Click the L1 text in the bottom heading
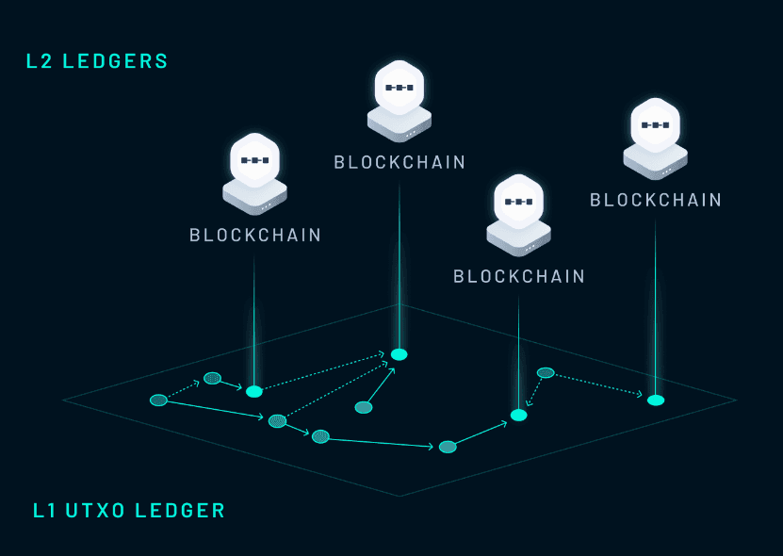(43, 512)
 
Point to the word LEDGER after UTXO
(180, 512)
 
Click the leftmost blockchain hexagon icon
(254, 161)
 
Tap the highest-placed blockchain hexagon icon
(399, 88)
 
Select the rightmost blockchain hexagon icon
(655, 125)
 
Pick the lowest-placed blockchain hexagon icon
(518, 202)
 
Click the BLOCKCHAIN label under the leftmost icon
(255, 236)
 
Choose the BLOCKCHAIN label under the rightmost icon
(656, 201)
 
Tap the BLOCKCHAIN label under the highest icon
(400, 163)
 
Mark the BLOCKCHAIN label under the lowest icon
(519, 277)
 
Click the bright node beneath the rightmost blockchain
(656, 401)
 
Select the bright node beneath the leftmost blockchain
(254, 391)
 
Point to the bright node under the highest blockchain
(400, 354)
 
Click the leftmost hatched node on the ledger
(158, 401)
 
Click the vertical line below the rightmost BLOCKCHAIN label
(656, 302)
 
